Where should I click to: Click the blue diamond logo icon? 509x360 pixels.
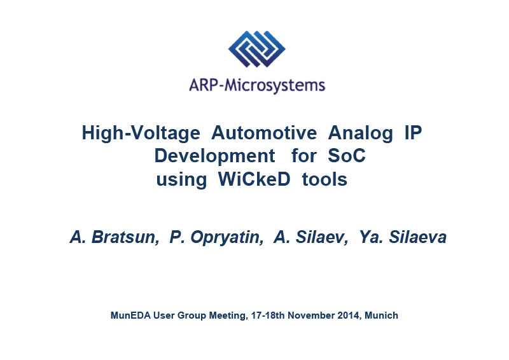click(257, 49)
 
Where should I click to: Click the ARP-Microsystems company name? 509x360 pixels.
click(257, 86)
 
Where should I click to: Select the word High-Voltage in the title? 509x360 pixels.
click(141, 134)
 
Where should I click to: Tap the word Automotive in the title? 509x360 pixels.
click(264, 133)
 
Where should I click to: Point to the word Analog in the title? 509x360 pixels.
click(360, 134)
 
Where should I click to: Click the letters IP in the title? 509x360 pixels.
click(413, 133)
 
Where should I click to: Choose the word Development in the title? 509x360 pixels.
click(214, 156)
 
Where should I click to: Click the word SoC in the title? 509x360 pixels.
click(347, 155)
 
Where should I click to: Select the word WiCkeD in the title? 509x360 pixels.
click(254, 179)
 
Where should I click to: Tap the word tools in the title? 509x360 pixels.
click(324, 179)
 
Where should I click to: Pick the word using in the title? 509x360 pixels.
click(181, 180)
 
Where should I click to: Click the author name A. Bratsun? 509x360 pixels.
click(115, 237)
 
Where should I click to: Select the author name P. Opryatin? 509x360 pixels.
click(216, 237)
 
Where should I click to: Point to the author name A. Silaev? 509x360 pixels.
click(311, 237)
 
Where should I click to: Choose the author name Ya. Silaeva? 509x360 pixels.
click(403, 237)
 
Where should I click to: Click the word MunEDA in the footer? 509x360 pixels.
click(130, 315)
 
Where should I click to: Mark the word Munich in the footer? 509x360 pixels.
click(381, 315)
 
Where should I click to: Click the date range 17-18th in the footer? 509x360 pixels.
click(268, 315)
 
